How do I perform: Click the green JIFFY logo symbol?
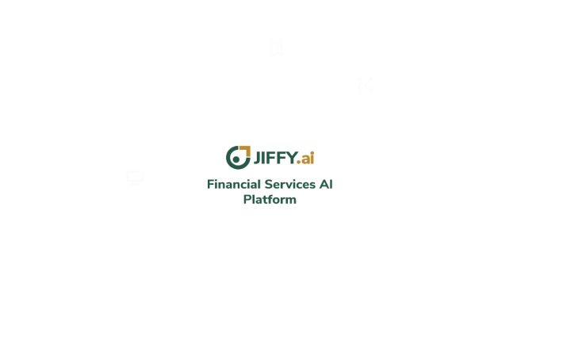coord(237,157)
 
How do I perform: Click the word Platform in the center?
coord(270,199)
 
